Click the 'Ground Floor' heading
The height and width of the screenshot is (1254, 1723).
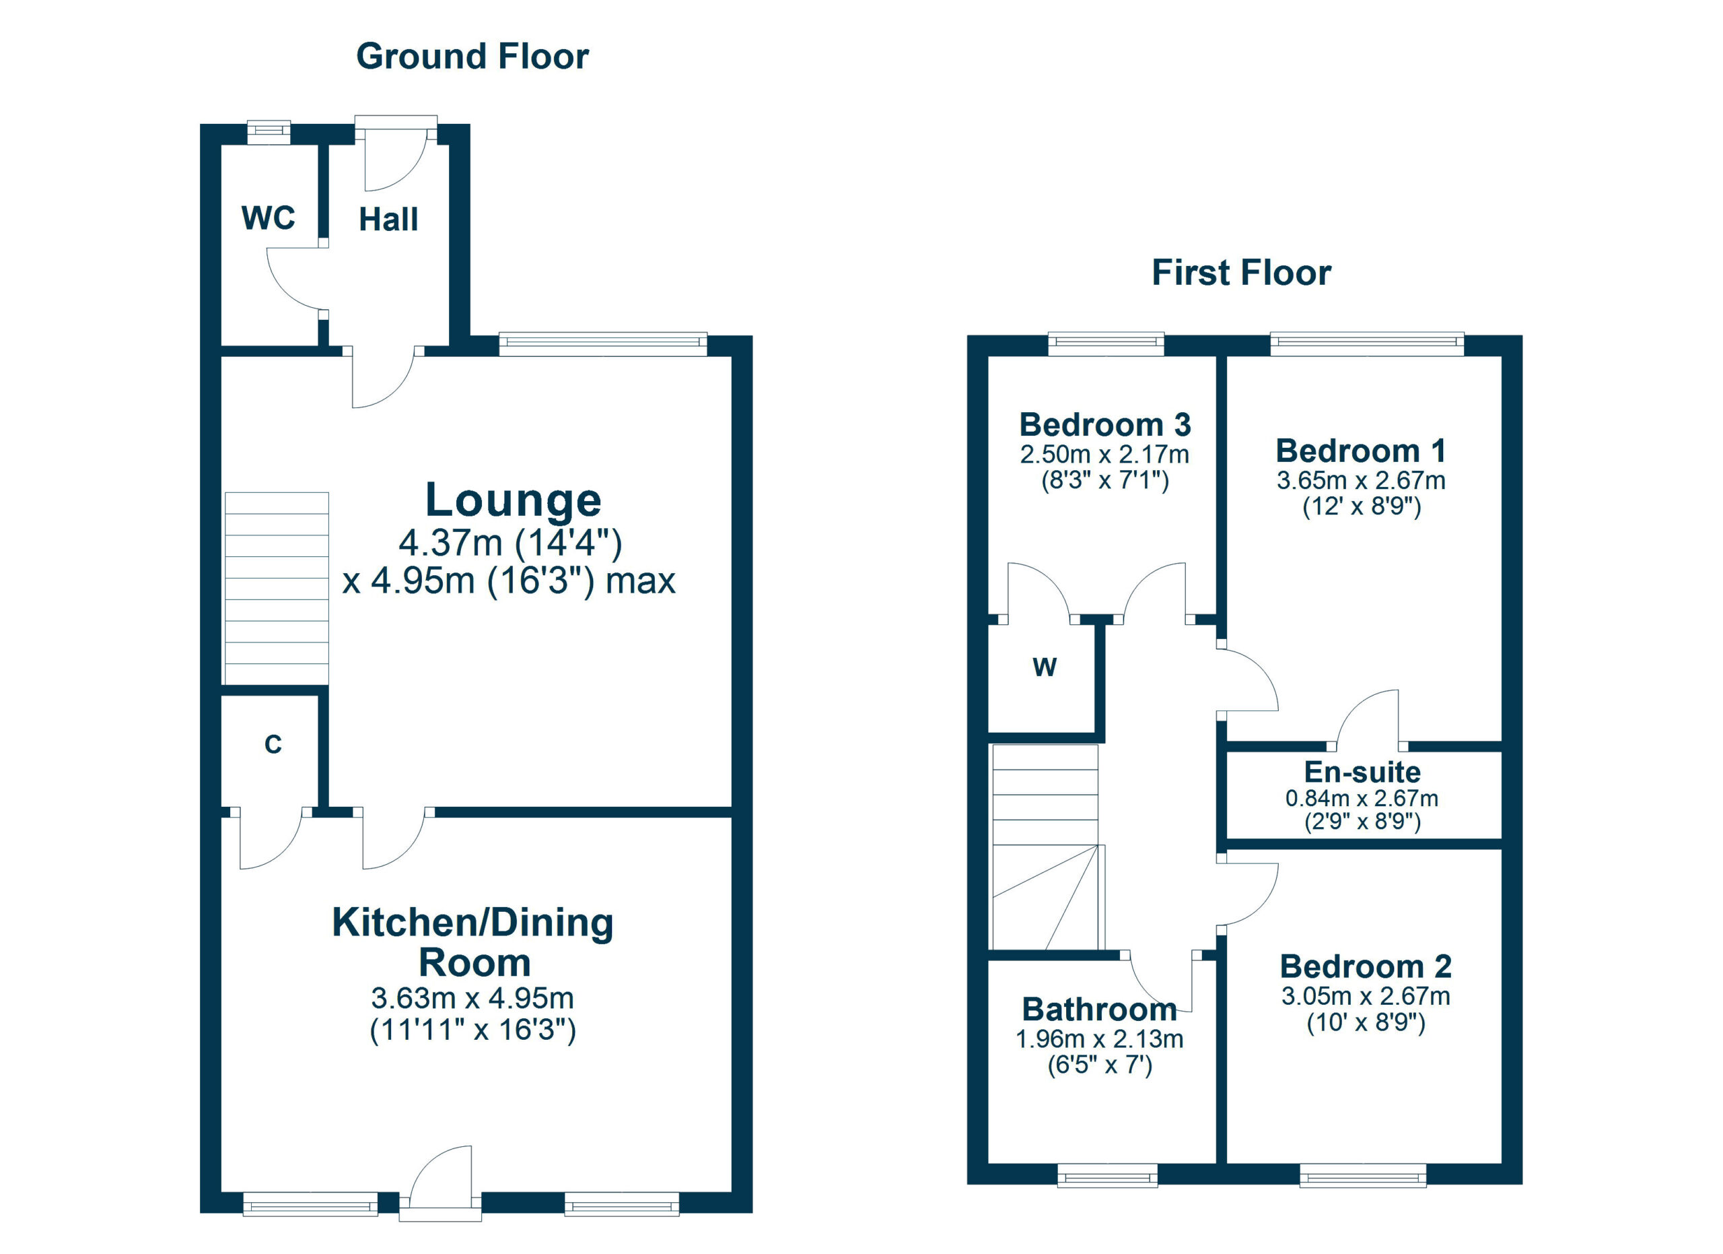pyautogui.click(x=472, y=57)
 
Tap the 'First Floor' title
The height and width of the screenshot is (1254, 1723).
pyautogui.click(x=1241, y=273)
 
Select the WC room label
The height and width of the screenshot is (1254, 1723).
pyautogui.click(x=268, y=218)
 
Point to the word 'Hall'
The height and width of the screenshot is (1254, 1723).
pyautogui.click(x=388, y=220)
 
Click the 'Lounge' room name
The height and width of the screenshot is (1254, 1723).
pyautogui.click(x=514, y=500)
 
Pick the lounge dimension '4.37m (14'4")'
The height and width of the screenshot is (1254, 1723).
pyautogui.click(x=511, y=543)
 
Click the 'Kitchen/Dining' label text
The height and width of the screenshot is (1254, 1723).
pyautogui.click(x=472, y=923)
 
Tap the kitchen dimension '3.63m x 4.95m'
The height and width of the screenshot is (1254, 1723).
pyautogui.click(x=472, y=998)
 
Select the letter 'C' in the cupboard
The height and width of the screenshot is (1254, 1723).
pyautogui.click(x=273, y=745)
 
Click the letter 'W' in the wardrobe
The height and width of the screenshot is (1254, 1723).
pyautogui.click(x=1045, y=667)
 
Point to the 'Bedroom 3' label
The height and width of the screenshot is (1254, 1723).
pyautogui.click(x=1105, y=425)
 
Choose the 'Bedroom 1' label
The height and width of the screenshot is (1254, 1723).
pyautogui.click(x=1361, y=451)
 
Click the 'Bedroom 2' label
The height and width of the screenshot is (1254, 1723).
pyautogui.click(x=1366, y=966)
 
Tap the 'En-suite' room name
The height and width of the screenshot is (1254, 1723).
pyautogui.click(x=1363, y=772)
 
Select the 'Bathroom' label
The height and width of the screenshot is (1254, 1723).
pyautogui.click(x=1099, y=1010)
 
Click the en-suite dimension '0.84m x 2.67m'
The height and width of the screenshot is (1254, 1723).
pyautogui.click(x=1362, y=799)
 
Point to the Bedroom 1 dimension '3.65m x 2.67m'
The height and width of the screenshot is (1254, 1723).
pyautogui.click(x=1361, y=480)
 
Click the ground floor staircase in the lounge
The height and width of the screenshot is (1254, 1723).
pyautogui.click(x=277, y=588)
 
